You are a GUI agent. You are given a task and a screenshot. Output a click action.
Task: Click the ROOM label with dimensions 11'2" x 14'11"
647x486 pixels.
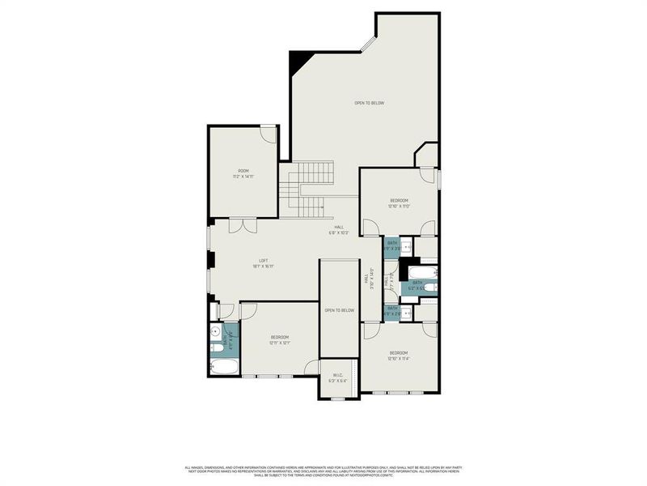[x=243, y=173]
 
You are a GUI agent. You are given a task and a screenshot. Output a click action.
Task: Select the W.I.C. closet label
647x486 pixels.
[x=338, y=377]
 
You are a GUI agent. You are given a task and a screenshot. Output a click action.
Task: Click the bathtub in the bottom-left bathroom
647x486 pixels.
[x=224, y=367]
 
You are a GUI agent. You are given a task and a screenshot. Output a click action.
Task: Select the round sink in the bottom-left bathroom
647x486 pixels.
[x=216, y=331]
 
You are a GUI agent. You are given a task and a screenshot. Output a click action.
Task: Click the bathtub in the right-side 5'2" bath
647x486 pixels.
[x=422, y=271]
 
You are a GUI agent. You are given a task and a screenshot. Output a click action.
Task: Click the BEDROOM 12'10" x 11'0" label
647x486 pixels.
[x=400, y=202]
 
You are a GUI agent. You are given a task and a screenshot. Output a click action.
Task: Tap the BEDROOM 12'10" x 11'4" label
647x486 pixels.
[x=400, y=355]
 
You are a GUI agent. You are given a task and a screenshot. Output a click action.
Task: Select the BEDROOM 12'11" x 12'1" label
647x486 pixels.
[x=280, y=339]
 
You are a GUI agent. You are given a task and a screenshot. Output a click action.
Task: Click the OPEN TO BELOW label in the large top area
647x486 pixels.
[x=369, y=103]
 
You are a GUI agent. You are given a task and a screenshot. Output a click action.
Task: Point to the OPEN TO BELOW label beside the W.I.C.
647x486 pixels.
[x=339, y=310]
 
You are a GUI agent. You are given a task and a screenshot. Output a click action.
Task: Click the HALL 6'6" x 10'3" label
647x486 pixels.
[x=337, y=230]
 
